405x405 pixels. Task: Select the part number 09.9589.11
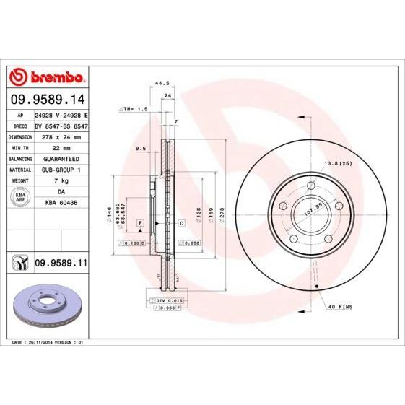point(61,265)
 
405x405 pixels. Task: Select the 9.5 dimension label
point(140,149)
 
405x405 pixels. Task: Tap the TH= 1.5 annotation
point(133,108)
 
